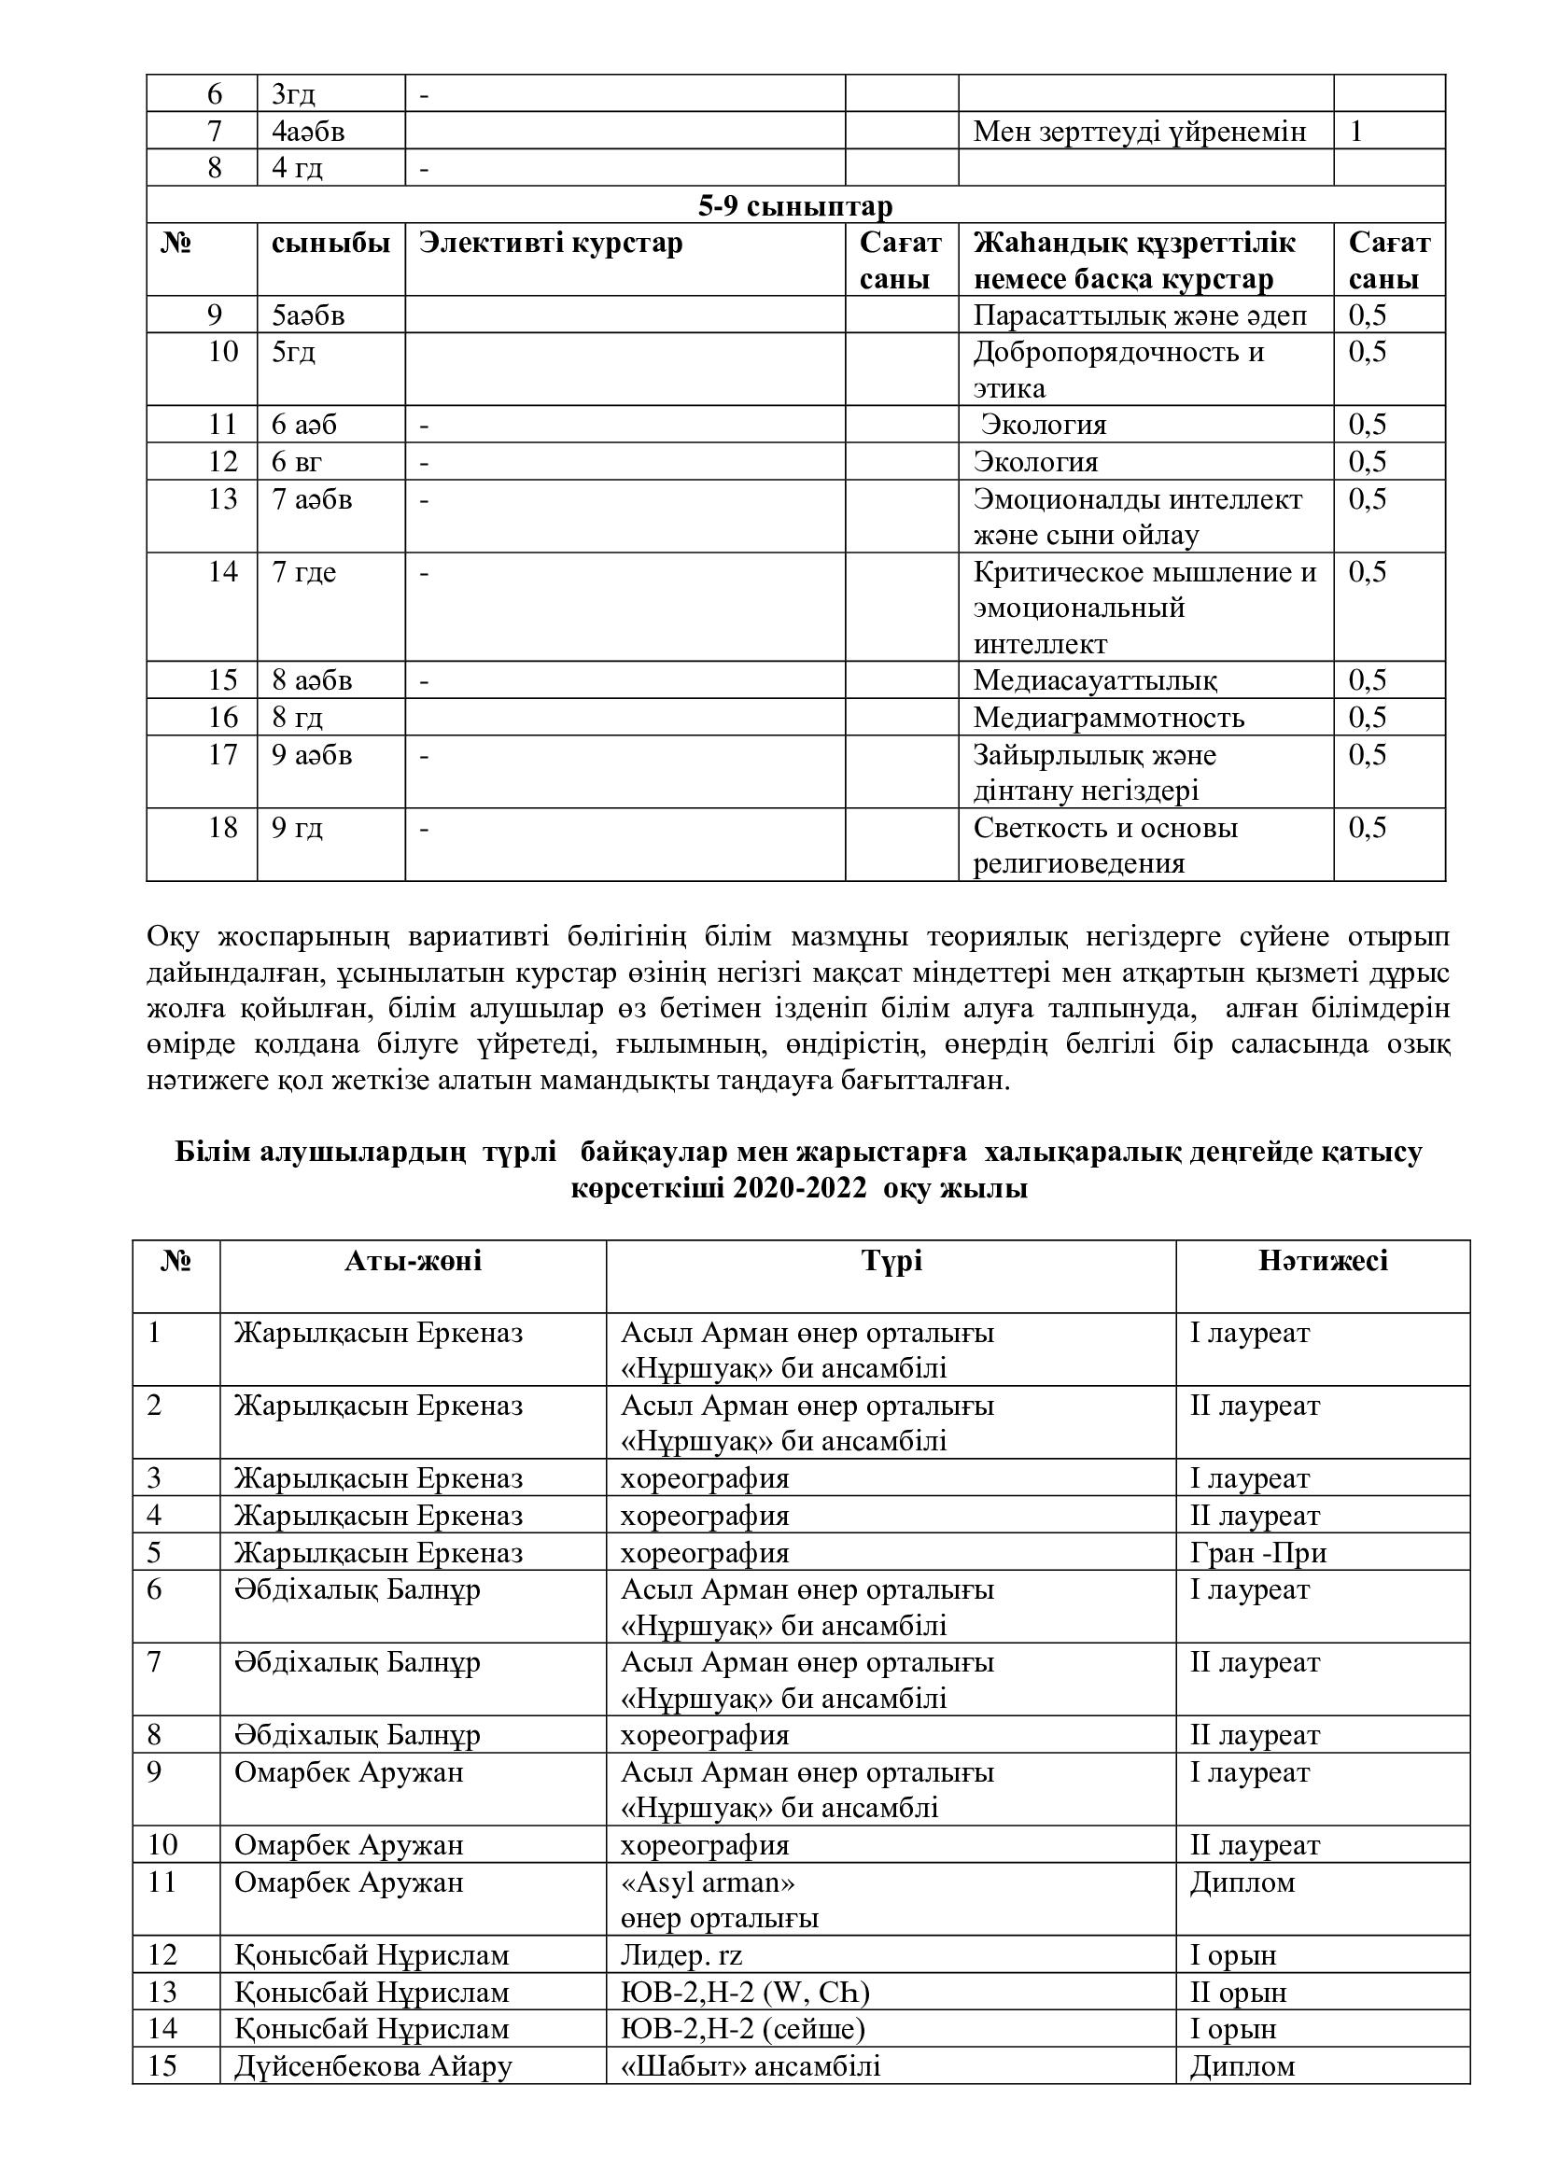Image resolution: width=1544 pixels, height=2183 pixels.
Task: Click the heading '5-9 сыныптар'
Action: [794, 206]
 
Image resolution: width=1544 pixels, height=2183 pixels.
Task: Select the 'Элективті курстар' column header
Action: [551, 244]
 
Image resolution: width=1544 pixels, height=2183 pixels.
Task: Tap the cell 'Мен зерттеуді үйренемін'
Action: [1139, 132]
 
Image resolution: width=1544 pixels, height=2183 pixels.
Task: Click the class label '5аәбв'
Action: [308, 315]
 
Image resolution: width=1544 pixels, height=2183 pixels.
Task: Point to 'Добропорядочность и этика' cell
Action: [1118, 370]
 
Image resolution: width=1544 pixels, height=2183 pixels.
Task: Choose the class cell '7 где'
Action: [304, 572]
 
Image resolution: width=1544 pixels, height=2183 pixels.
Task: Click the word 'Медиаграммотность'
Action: [1109, 718]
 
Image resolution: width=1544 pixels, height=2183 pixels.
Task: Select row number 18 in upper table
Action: [222, 828]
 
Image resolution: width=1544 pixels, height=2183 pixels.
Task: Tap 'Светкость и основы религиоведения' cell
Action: [1104, 846]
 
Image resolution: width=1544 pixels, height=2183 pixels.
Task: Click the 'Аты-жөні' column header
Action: [413, 1262]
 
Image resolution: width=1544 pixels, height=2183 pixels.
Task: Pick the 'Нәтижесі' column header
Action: [1323, 1262]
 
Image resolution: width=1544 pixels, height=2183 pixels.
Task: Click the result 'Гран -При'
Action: [1257, 1554]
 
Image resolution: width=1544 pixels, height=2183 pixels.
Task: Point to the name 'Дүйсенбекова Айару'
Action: [373, 2066]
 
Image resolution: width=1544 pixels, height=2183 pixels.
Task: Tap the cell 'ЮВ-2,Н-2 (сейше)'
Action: [742, 2029]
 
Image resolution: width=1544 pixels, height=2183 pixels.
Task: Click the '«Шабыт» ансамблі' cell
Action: [751, 2066]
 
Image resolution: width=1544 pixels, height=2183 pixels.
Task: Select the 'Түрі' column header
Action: [891, 1262]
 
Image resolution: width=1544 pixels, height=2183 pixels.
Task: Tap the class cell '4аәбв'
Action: [308, 132]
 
